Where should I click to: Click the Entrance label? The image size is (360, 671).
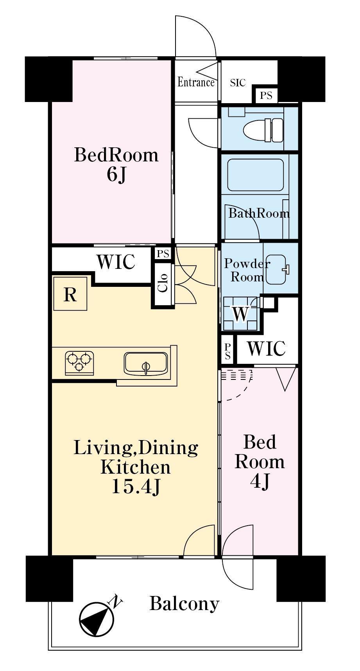click(196, 82)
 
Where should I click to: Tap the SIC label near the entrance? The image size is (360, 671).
click(238, 83)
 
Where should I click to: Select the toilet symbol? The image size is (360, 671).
click(263, 129)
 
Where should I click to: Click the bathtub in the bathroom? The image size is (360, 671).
click(256, 175)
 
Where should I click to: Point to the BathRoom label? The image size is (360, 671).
click(259, 213)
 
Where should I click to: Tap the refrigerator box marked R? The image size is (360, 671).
click(70, 294)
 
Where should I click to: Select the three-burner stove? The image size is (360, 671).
click(79, 361)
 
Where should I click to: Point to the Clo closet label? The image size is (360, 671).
click(163, 283)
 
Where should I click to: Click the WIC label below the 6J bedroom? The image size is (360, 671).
click(116, 262)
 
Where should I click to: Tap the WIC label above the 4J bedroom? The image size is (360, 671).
click(266, 348)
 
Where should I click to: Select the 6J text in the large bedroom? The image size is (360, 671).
click(116, 175)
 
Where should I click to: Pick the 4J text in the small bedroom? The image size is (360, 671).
click(260, 482)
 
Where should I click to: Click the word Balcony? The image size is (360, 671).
click(184, 604)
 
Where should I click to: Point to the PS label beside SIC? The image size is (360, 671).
click(266, 95)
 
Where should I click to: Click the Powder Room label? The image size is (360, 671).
click(247, 270)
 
